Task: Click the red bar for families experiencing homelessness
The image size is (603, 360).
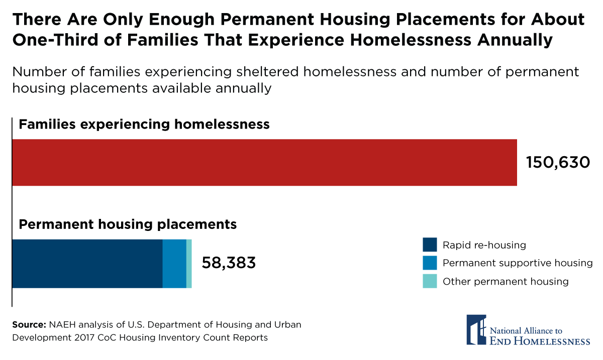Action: click(264, 163)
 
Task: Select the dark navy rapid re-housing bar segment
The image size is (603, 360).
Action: click(87, 264)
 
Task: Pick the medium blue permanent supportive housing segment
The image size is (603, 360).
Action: click(174, 264)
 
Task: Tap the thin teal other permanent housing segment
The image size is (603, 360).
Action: click(189, 264)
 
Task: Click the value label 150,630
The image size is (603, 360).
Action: click(558, 162)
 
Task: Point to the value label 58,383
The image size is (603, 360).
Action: click(229, 263)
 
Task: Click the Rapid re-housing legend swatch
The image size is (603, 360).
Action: click(430, 245)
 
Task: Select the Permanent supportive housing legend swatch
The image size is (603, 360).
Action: click(430, 263)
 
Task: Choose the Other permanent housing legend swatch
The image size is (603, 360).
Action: click(430, 281)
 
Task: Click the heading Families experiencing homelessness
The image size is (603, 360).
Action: click(144, 124)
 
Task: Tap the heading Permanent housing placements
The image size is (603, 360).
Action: click(128, 224)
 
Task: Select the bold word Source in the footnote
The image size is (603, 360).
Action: click(29, 324)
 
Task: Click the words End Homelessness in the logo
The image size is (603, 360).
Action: click(540, 341)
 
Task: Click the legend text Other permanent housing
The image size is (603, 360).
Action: click(506, 281)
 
